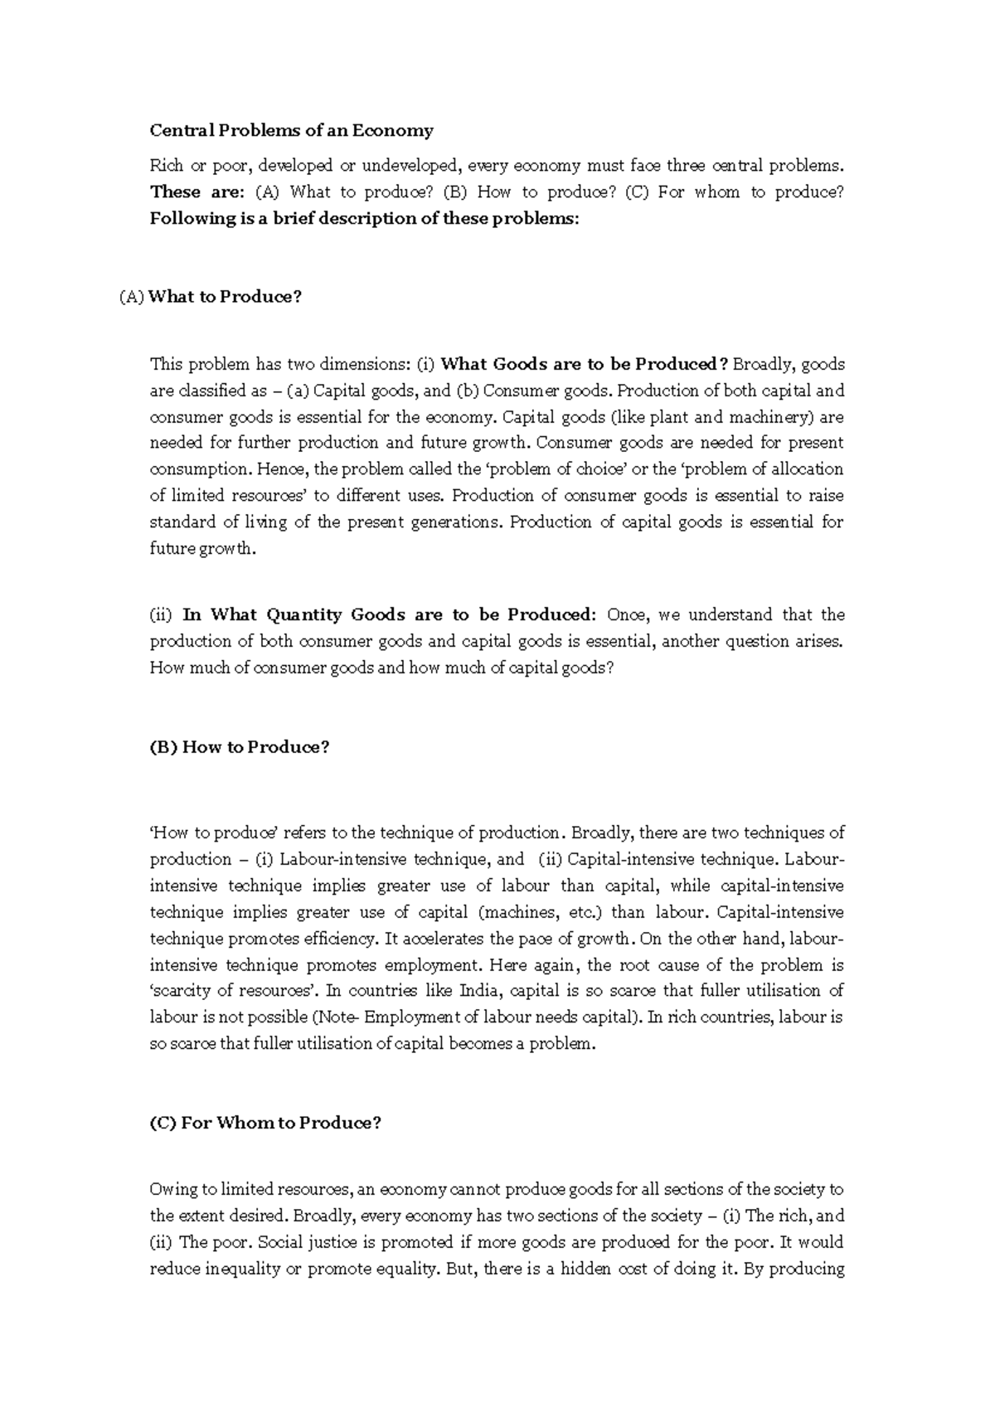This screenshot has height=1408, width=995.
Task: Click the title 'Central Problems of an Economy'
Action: tap(291, 130)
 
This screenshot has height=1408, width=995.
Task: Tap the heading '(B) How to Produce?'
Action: tap(240, 747)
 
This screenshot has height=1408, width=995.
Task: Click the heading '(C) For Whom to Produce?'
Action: tap(265, 1123)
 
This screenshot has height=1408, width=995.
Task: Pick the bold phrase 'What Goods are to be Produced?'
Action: tap(585, 364)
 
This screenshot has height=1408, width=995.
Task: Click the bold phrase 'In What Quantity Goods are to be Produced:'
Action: tap(389, 614)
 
